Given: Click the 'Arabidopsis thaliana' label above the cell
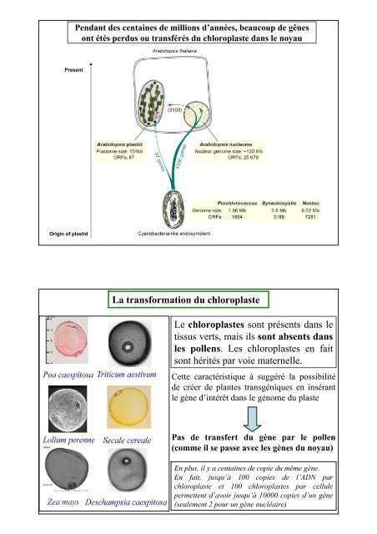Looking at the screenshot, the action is [178, 52].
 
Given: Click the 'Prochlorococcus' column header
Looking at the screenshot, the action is [239, 202].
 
